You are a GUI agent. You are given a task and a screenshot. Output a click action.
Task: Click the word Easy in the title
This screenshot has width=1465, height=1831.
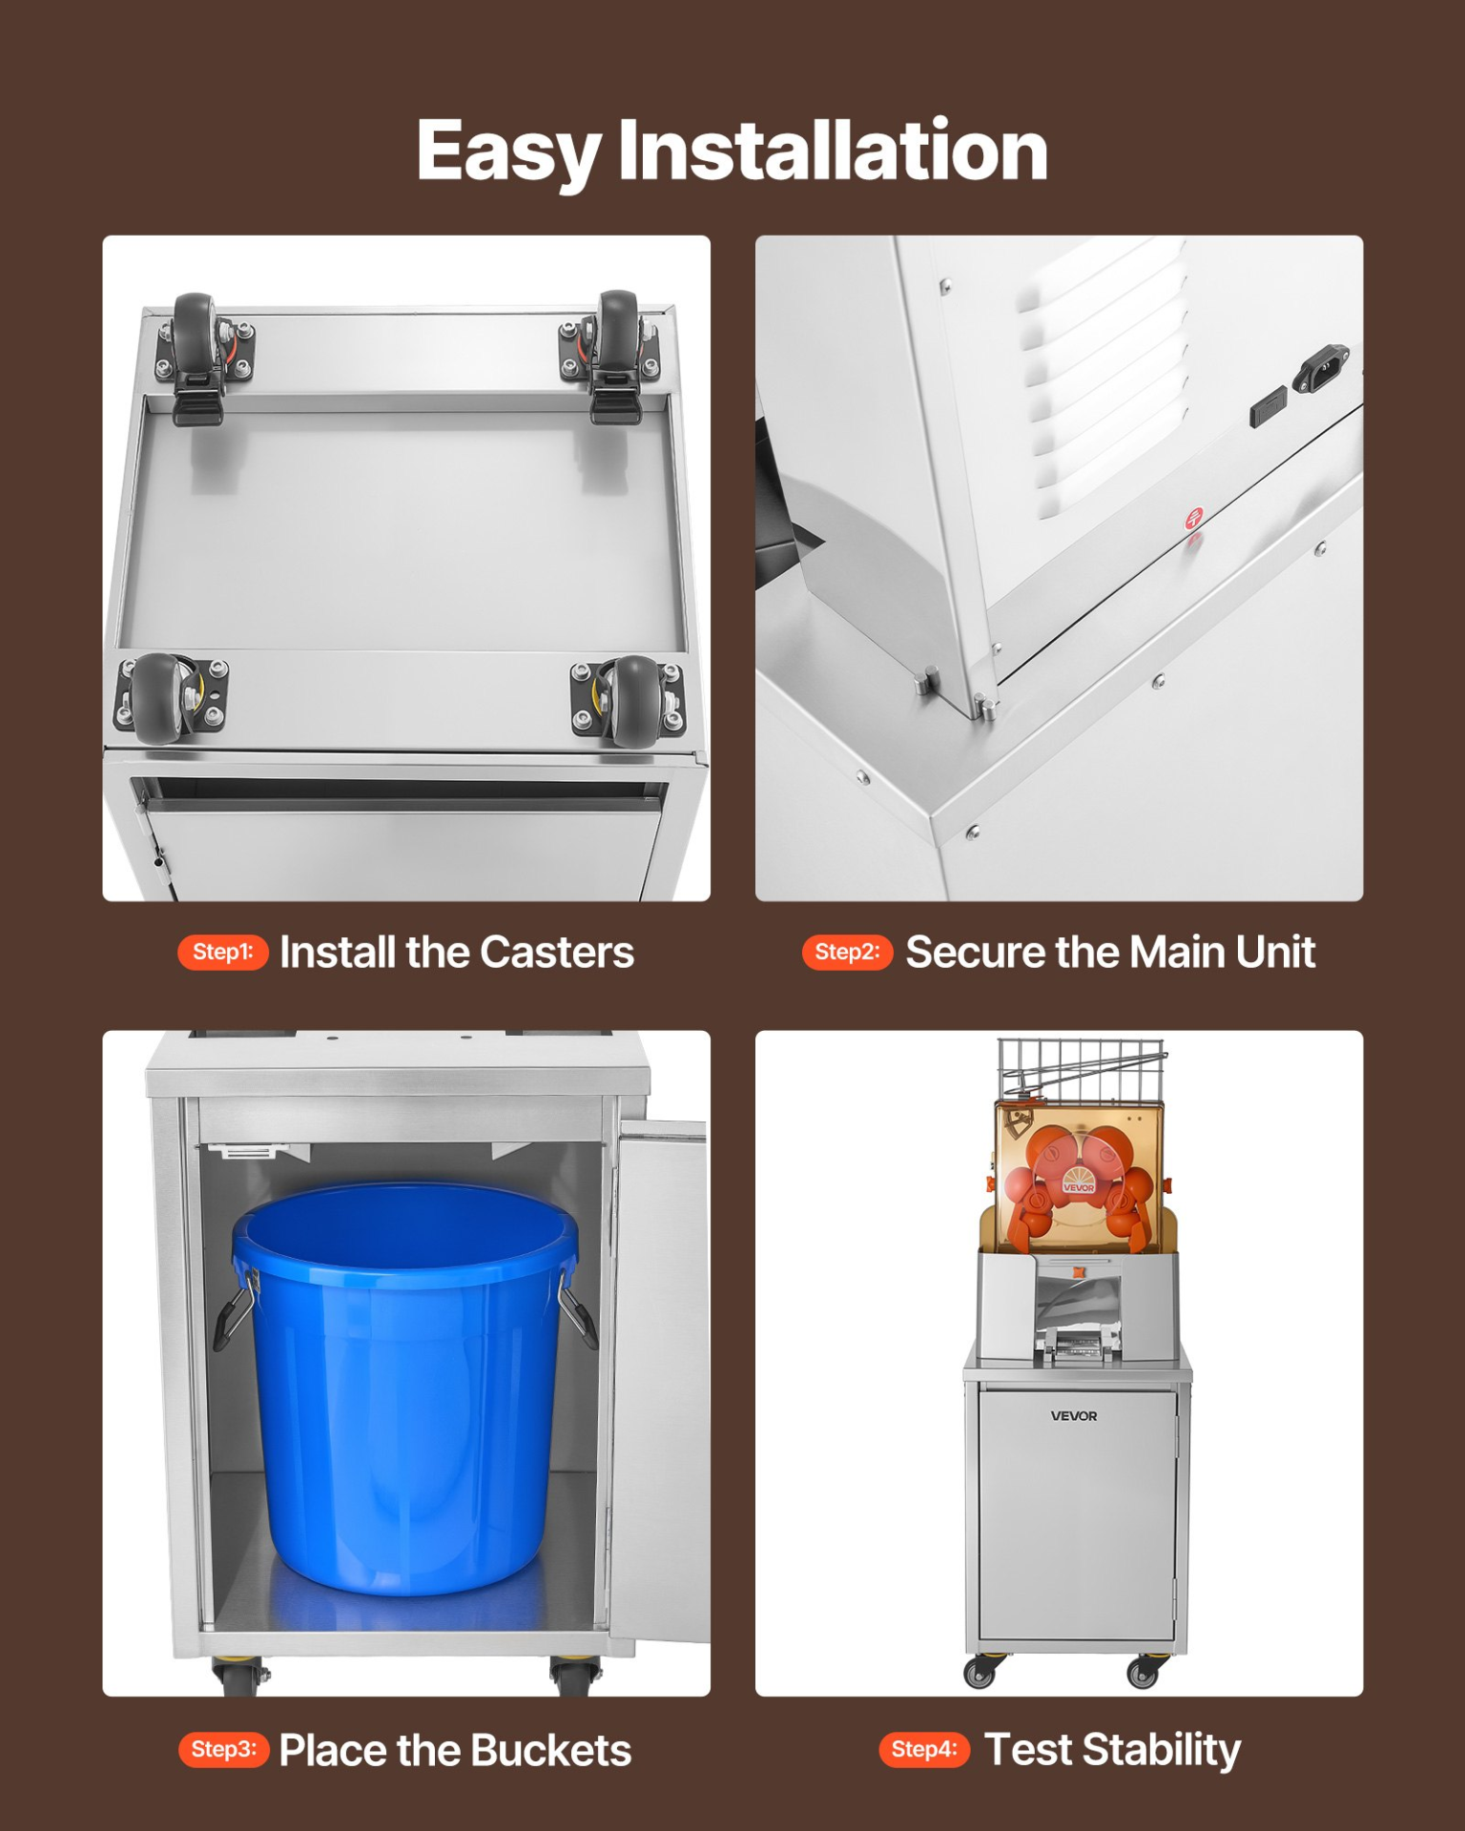coord(507,153)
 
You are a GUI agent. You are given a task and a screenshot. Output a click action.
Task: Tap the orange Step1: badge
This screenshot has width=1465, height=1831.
coord(222,952)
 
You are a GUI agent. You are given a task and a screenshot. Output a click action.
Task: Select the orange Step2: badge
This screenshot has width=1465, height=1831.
coord(847,952)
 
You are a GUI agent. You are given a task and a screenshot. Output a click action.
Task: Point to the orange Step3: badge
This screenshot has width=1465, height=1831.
coord(223,1749)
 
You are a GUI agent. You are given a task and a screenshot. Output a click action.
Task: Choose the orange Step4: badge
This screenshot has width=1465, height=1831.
coord(923,1749)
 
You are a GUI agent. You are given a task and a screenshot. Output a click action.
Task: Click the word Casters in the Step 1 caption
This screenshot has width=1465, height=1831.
coord(557,953)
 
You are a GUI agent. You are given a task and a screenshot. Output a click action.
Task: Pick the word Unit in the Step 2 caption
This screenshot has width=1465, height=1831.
coord(1275,953)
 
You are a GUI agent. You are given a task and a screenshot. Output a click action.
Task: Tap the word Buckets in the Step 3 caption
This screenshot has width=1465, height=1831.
coord(550,1750)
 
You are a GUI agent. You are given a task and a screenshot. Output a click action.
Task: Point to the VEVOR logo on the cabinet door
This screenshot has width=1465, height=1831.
coord(1074,1416)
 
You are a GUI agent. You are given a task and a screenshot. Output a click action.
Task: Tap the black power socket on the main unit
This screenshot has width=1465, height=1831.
coord(1321,368)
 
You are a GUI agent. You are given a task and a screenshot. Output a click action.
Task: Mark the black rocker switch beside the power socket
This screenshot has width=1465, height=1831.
coord(1268,408)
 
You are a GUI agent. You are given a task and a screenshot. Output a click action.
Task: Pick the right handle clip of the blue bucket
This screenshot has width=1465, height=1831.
coord(577,1305)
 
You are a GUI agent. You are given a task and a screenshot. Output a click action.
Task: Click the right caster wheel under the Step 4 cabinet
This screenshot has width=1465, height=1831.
coord(1144,1672)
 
